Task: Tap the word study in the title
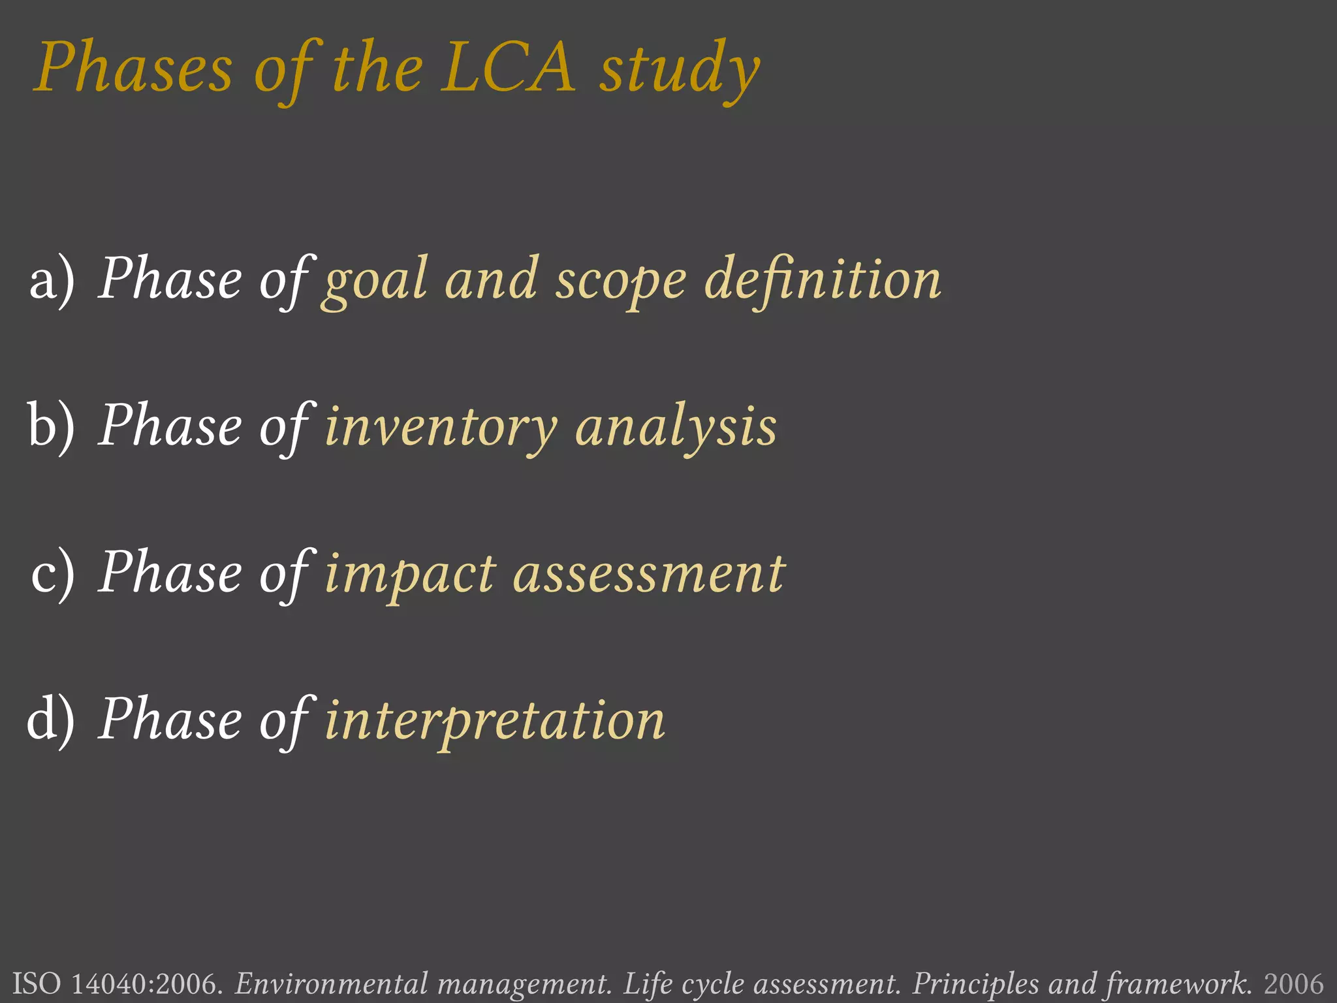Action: (680, 71)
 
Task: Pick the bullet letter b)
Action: (51, 426)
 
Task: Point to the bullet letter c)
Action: (52, 573)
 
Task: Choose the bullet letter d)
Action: (51, 720)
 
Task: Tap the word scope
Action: (621, 282)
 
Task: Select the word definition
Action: (823, 279)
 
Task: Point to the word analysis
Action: (676, 428)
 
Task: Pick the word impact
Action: (410, 575)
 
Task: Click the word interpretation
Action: (495, 721)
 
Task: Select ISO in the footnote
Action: (37, 983)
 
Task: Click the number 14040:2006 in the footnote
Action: (148, 983)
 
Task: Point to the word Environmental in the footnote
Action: (330, 983)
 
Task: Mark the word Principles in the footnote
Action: (975, 983)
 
